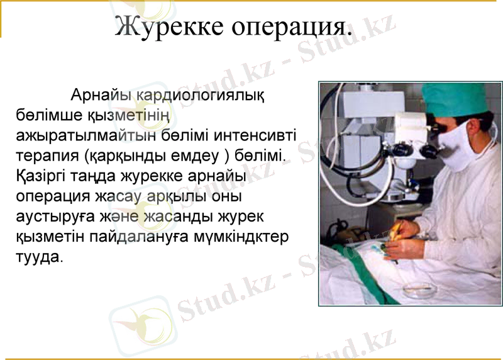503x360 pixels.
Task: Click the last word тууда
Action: coord(38,256)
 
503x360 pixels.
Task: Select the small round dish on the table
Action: coord(418,290)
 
